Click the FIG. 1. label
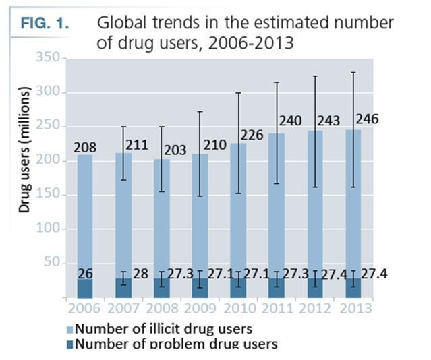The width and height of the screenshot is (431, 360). pos(44,23)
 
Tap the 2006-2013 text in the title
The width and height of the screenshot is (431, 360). pos(252,44)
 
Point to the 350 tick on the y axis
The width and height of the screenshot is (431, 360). pos(49,59)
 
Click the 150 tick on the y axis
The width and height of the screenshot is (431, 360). pos(49,195)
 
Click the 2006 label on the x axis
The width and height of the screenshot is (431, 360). pos(84,309)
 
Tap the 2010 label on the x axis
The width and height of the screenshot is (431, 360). pos(238,309)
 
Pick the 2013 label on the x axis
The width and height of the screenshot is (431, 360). pos(355,309)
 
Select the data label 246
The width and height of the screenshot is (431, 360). pos(366,119)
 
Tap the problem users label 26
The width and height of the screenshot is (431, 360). pos(86,273)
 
